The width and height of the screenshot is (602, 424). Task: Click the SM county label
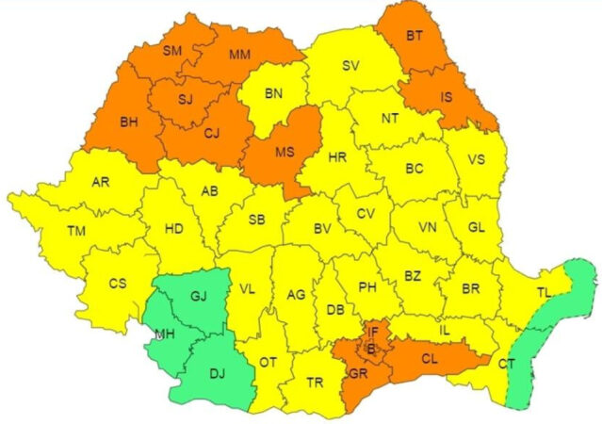pyautogui.click(x=172, y=50)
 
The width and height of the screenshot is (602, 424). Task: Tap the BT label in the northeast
pyautogui.click(x=414, y=37)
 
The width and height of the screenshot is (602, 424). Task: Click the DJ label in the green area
pyautogui.click(x=217, y=375)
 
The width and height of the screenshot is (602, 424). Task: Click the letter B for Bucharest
pyautogui.click(x=371, y=349)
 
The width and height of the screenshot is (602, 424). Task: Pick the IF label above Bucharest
pyautogui.click(x=373, y=332)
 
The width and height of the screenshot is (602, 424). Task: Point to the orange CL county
pyautogui.click(x=429, y=358)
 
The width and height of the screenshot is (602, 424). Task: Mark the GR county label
pyautogui.click(x=357, y=373)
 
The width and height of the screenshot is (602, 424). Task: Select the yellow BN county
pyautogui.click(x=274, y=93)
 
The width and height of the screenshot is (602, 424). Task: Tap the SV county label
pyautogui.click(x=350, y=65)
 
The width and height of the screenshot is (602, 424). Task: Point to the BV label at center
pyautogui.click(x=322, y=228)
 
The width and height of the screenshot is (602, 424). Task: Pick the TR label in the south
pyautogui.click(x=315, y=383)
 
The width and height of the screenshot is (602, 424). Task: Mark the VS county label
pyautogui.click(x=477, y=159)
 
